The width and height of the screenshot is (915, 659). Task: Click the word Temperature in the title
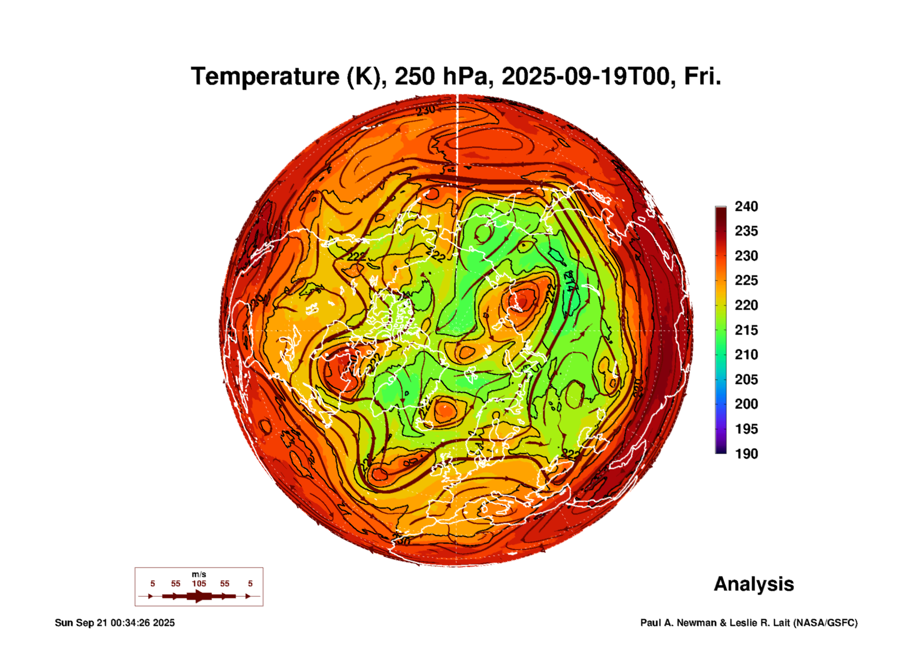[x=265, y=77]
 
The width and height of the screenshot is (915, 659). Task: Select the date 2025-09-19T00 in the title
[x=585, y=77]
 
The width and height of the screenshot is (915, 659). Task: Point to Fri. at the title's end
[x=702, y=77]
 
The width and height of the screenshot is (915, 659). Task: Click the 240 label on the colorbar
[x=746, y=206]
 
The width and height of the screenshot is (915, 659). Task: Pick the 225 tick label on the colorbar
[x=746, y=280]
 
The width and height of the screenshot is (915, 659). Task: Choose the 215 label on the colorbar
[x=746, y=330]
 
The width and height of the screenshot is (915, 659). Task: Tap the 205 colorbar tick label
[x=746, y=380]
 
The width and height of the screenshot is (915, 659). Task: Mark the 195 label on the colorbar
[x=746, y=429]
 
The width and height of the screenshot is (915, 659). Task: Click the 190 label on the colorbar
[x=746, y=454]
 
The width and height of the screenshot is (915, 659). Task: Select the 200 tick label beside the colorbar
[x=746, y=404]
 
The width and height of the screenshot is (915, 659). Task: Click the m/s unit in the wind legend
[x=199, y=575]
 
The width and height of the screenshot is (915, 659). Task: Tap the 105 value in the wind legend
[x=199, y=584]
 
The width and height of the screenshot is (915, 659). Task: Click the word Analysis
[x=754, y=584]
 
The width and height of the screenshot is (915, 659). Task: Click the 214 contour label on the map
[x=571, y=281]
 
